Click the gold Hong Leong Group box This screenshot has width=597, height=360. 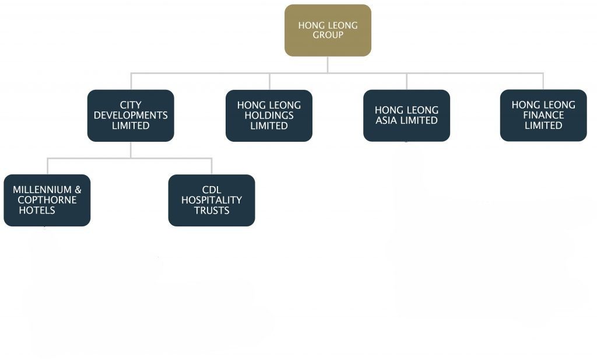328,30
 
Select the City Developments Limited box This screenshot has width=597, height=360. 131,116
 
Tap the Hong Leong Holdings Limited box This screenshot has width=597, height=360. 269,116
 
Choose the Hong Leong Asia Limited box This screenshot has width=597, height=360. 406,116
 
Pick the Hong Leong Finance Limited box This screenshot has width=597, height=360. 543,116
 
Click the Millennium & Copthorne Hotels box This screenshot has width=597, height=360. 47,200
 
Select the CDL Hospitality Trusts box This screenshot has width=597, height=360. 212,200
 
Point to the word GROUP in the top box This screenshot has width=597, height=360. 328,35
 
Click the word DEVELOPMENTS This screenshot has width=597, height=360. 131,116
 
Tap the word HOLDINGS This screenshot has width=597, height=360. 269,116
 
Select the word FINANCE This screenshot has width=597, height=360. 543,115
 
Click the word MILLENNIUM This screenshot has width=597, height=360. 42,190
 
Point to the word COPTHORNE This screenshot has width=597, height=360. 47,200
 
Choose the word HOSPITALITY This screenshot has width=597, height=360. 212,200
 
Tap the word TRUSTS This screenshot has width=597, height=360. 212,210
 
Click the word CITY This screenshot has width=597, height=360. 131,105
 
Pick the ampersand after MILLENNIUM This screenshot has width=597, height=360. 78,190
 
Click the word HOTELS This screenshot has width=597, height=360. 37,210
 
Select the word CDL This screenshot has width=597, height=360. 212,190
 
